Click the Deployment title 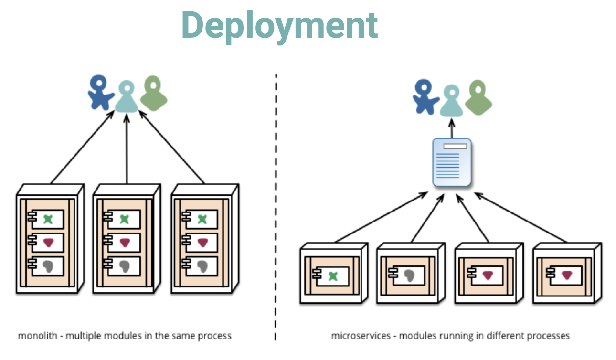click(x=280, y=26)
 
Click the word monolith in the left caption click(x=38, y=336)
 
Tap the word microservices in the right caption click(x=361, y=336)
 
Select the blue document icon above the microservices click(x=452, y=162)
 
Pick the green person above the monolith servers click(x=153, y=94)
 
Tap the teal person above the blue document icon click(x=451, y=101)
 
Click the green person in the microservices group click(x=478, y=97)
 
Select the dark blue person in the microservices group click(x=425, y=97)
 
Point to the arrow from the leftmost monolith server click(x=83, y=147)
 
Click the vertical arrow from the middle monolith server click(x=127, y=149)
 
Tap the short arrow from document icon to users click(x=452, y=128)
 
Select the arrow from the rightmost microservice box click(x=520, y=218)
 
